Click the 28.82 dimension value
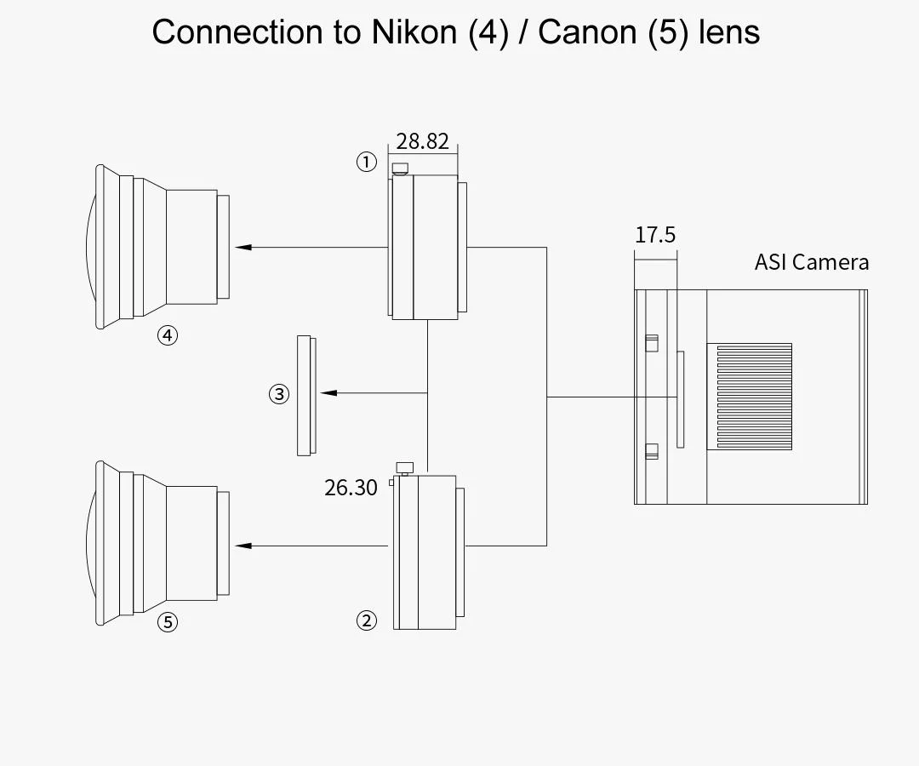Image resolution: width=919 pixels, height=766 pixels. pos(422,141)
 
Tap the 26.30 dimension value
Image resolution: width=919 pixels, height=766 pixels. pos(351,488)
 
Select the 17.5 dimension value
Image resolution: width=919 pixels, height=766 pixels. pos(655,235)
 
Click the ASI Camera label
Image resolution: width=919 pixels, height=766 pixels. pos(811,262)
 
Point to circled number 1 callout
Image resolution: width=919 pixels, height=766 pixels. pos(367,162)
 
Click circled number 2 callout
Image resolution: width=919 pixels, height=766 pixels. pos(367,620)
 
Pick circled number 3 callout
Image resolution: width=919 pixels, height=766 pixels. pos(279,394)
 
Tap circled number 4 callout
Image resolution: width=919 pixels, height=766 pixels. pos(168,336)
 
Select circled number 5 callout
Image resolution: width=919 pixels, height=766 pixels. pos(168,622)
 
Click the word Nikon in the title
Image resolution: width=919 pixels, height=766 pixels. pos(414,31)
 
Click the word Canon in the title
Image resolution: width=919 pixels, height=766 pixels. pos(586,31)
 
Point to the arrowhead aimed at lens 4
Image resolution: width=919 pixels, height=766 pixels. pos(243,248)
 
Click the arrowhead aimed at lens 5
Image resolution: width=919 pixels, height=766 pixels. pos(243,546)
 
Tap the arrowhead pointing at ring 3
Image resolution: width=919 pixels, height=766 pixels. pos(328,392)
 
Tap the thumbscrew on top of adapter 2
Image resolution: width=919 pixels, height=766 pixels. pos(405,468)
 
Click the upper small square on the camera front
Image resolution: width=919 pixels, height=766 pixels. pos(652,343)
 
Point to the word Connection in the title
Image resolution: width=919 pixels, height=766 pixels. pos(237,31)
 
